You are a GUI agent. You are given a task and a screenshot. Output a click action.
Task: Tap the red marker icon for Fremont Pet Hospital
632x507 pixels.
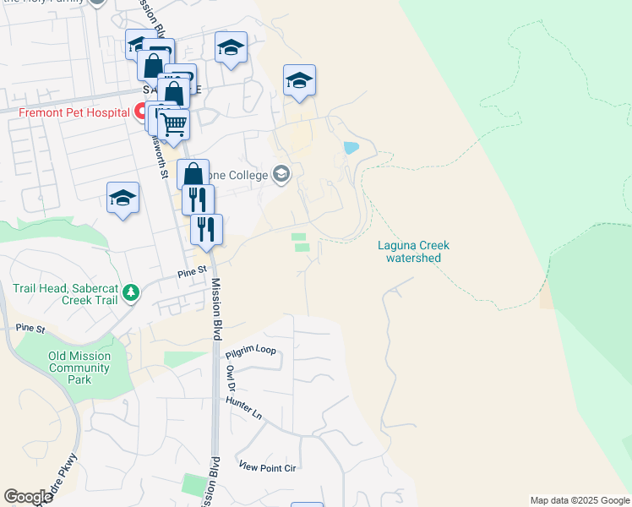click(x=140, y=111)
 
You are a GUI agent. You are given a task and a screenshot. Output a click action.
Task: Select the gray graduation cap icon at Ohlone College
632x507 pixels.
click(x=281, y=175)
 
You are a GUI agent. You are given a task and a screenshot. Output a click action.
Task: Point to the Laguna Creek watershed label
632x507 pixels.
click(x=413, y=252)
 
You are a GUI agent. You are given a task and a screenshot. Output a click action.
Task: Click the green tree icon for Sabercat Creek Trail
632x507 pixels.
click(x=130, y=292)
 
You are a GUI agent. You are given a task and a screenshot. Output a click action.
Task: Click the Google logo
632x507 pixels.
click(x=28, y=497)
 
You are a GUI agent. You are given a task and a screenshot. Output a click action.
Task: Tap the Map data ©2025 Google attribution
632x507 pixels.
click(x=580, y=500)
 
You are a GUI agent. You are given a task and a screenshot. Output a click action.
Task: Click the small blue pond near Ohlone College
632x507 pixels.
click(x=351, y=148)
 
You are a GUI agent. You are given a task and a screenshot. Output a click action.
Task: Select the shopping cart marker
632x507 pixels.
click(x=173, y=124)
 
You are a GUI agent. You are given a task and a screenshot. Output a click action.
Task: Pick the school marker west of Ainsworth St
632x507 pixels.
click(x=123, y=199)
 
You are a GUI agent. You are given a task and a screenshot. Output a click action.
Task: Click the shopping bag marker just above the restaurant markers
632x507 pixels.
click(x=193, y=174)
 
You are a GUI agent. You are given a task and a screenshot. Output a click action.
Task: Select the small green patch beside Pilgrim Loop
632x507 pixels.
click(x=184, y=359)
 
